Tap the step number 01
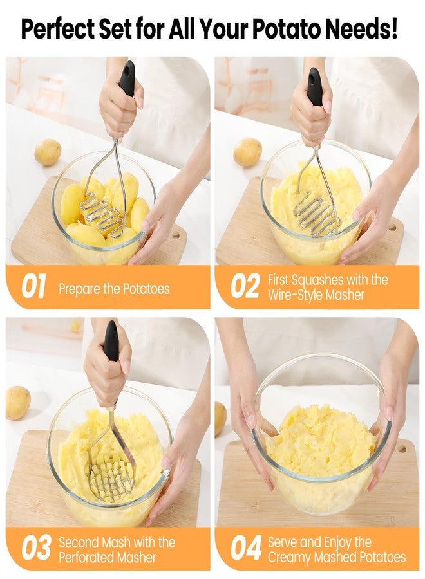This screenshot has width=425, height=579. coord(33,286)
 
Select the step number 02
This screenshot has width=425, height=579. coord(244,286)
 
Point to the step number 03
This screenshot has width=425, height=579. coord(35,548)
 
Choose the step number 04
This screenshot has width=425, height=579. coord(246,548)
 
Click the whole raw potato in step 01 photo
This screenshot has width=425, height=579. coord(48,152)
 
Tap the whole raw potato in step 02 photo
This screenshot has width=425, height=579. coord(248,151)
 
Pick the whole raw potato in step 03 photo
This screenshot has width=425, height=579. coord(17,403)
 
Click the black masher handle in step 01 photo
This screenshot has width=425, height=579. coord(127,78)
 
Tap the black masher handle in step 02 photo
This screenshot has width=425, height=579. coord(316,86)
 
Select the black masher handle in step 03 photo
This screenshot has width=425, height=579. coord(111,340)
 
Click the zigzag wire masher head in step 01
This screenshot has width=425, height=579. coord(102,214)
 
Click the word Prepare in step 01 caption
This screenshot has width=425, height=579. coord(79,288)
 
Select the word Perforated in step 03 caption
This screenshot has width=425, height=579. coord(84,557)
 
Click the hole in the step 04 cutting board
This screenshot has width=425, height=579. coord(402,449)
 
